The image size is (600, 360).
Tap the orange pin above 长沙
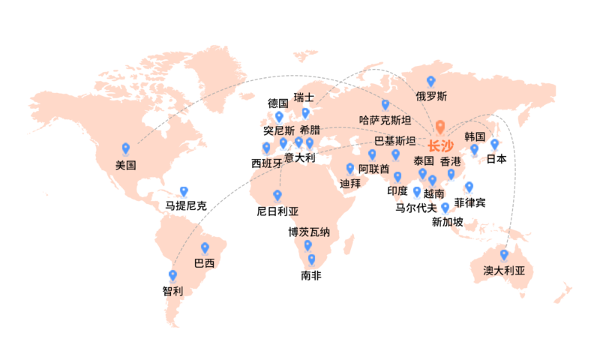(440, 127)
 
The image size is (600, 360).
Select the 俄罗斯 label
(431, 96)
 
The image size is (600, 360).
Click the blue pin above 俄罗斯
(430, 81)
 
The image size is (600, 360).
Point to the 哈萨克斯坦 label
(385, 120)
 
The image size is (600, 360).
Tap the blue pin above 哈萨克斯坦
(385, 105)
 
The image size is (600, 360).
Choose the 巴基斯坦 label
(394, 140)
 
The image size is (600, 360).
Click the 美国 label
(125, 164)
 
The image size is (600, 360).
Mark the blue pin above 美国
(126, 148)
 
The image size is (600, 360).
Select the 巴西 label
(204, 263)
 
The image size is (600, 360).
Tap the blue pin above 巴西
(205, 248)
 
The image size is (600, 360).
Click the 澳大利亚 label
(504, 271)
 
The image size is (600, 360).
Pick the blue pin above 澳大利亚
(504, 255)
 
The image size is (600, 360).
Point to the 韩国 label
(475, 136)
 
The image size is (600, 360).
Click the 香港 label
(451, 160)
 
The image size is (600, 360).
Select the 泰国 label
(424, 160)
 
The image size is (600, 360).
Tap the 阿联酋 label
(373, 169)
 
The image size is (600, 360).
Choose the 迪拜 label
(350, 183)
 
